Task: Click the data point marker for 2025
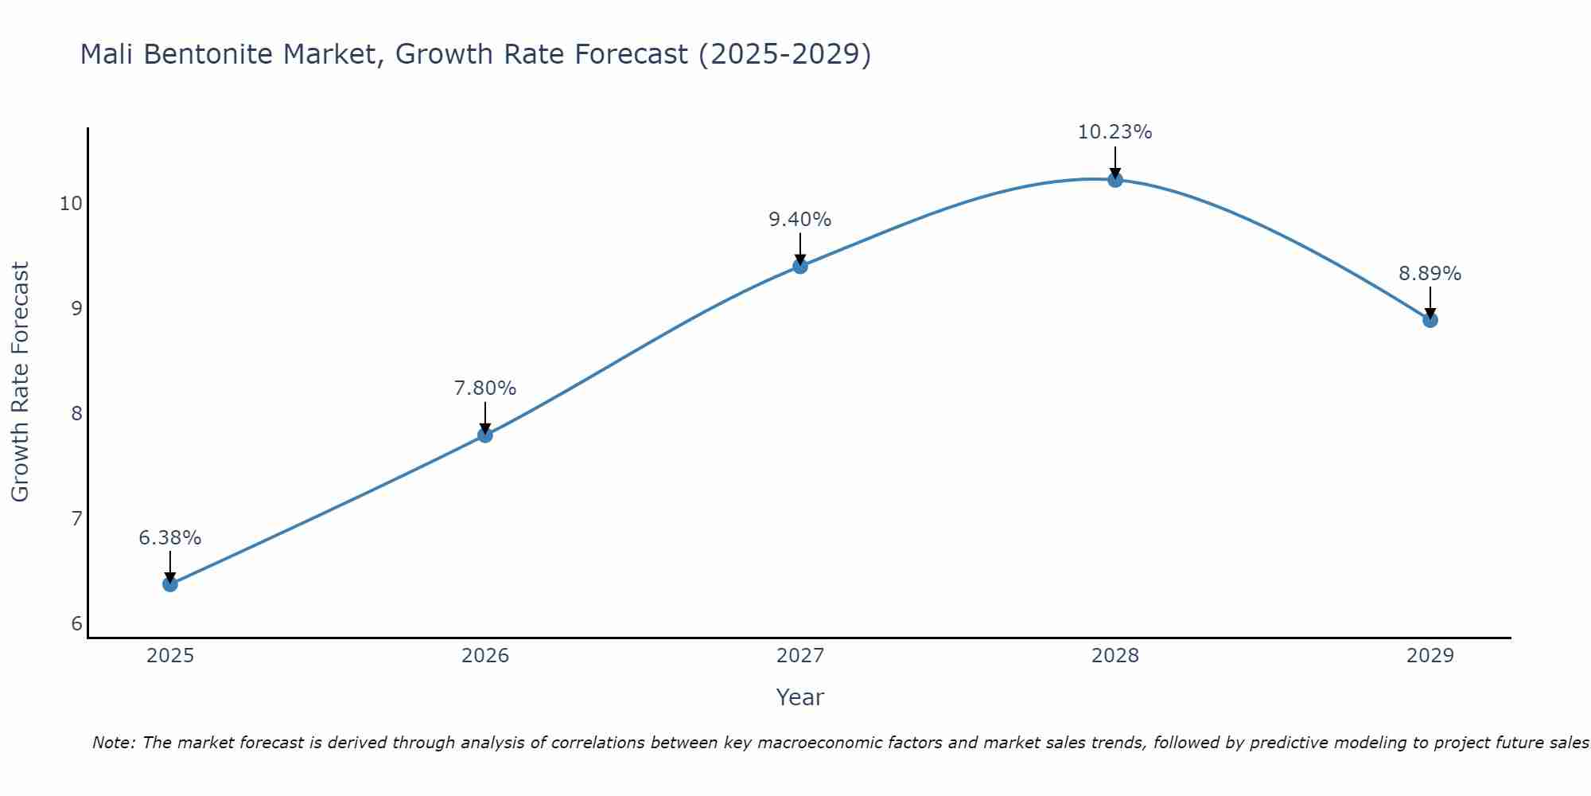[x=170, y=584]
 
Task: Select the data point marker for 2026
[x=485, y=435]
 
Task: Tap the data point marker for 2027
[x=800, y=266]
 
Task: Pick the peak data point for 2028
[x=1115, y=180]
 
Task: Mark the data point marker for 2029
[x=1430, y=320]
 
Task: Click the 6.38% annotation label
[x=170, y=538]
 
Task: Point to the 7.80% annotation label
[x=485, y=388]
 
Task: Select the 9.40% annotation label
[x=800, y=220]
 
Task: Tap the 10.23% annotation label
[x=1115, y=132]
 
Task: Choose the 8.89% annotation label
[x=1430, y=274]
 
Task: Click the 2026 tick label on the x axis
[x=485, y=656]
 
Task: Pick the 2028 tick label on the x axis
[x=1115, y=656]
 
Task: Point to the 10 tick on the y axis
[x=71, y=204]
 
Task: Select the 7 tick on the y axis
[x=76, y=519]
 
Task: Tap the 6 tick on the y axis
[x=76, y=624]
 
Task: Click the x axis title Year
[x=800, y=697]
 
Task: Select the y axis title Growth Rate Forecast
[x=21, y=382]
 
